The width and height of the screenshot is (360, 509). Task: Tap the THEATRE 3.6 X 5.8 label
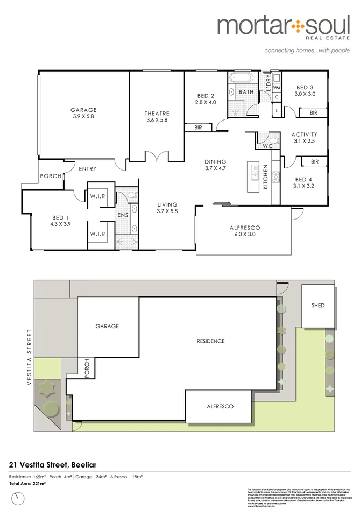point(157,117)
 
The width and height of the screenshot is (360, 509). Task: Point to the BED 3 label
point(305,87)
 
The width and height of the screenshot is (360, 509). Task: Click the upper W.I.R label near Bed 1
point(97,196)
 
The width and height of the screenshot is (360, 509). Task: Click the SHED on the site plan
point(318,306)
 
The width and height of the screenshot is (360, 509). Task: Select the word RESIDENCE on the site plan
point(210,341)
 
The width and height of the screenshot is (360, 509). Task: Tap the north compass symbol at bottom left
point(19,498)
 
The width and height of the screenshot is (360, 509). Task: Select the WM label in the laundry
point(277,87)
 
